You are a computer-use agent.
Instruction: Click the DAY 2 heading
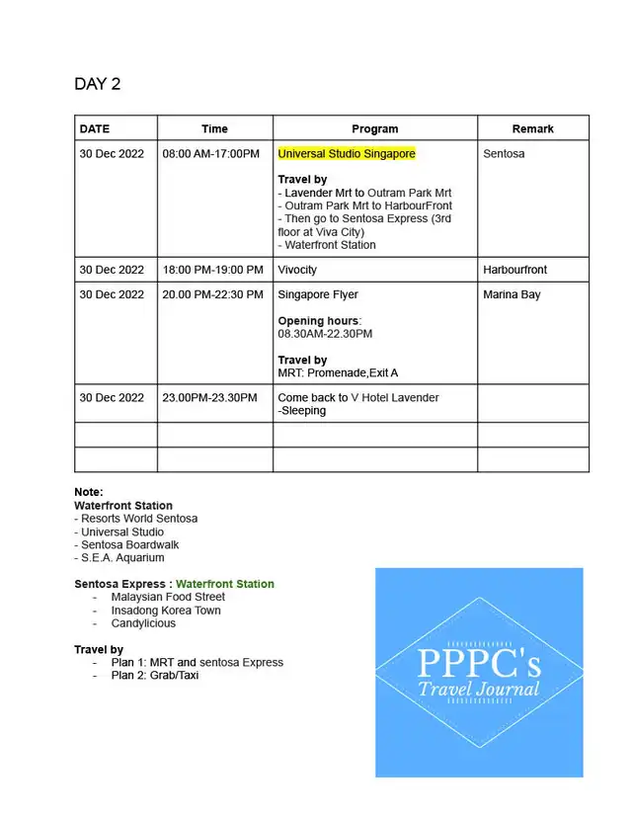pyautogui.click(x=97, y=84)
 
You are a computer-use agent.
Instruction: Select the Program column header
pyautogui.click(x=374, y=128)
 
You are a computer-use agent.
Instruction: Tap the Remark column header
pyautogui.click(x=532, y=128)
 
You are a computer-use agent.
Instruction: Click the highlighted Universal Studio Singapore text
pyautogui.click(x=347, y=154)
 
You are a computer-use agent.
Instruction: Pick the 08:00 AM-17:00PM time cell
pyautogui.click(x=210, y=154)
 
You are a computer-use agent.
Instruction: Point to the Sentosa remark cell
pyautogui.click(x=504, y=154)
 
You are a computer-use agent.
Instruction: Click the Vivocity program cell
pyautogui.click(x=297, y=270)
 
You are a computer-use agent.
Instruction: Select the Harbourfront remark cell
pyautogui.click(x=514, y=270)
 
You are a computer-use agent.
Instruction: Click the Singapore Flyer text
pyautogui.click(x=318, y=294)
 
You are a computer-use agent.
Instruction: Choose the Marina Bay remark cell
pyautogui.click(x=512, y=294)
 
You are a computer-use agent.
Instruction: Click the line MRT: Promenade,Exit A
pyautogui.click(x=337, y=373)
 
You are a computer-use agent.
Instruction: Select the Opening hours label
pyautogui.click(x=319, y=321)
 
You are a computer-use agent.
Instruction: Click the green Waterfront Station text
pyautogui.click(x=225, y=584)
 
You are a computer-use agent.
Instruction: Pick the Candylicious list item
pyautogui.click(x=143, y=623)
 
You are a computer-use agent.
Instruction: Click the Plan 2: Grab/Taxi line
pyautogui.click(x=155, y=676)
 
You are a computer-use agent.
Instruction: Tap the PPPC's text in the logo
pyautogui.click(x=478, y=662)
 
